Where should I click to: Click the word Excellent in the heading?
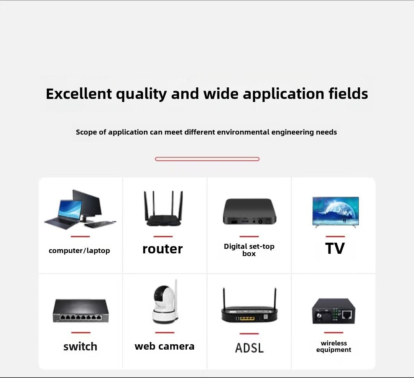point(79,94)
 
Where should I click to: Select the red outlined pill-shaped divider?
point(207,159)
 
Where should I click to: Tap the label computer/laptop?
point(79,250)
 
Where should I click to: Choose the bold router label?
point(163,249)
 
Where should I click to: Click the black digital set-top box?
point(250,212)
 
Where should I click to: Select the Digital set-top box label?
point(249,250)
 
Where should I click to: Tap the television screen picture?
point(335,212)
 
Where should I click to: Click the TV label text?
point(335,248)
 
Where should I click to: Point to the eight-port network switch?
point(80,311)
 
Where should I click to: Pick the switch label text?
point(80,347)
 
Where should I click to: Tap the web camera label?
point(164,346)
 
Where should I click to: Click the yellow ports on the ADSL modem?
point(247,318)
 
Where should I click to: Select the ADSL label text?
point(249,348)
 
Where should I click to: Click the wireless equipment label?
point(334,346)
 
